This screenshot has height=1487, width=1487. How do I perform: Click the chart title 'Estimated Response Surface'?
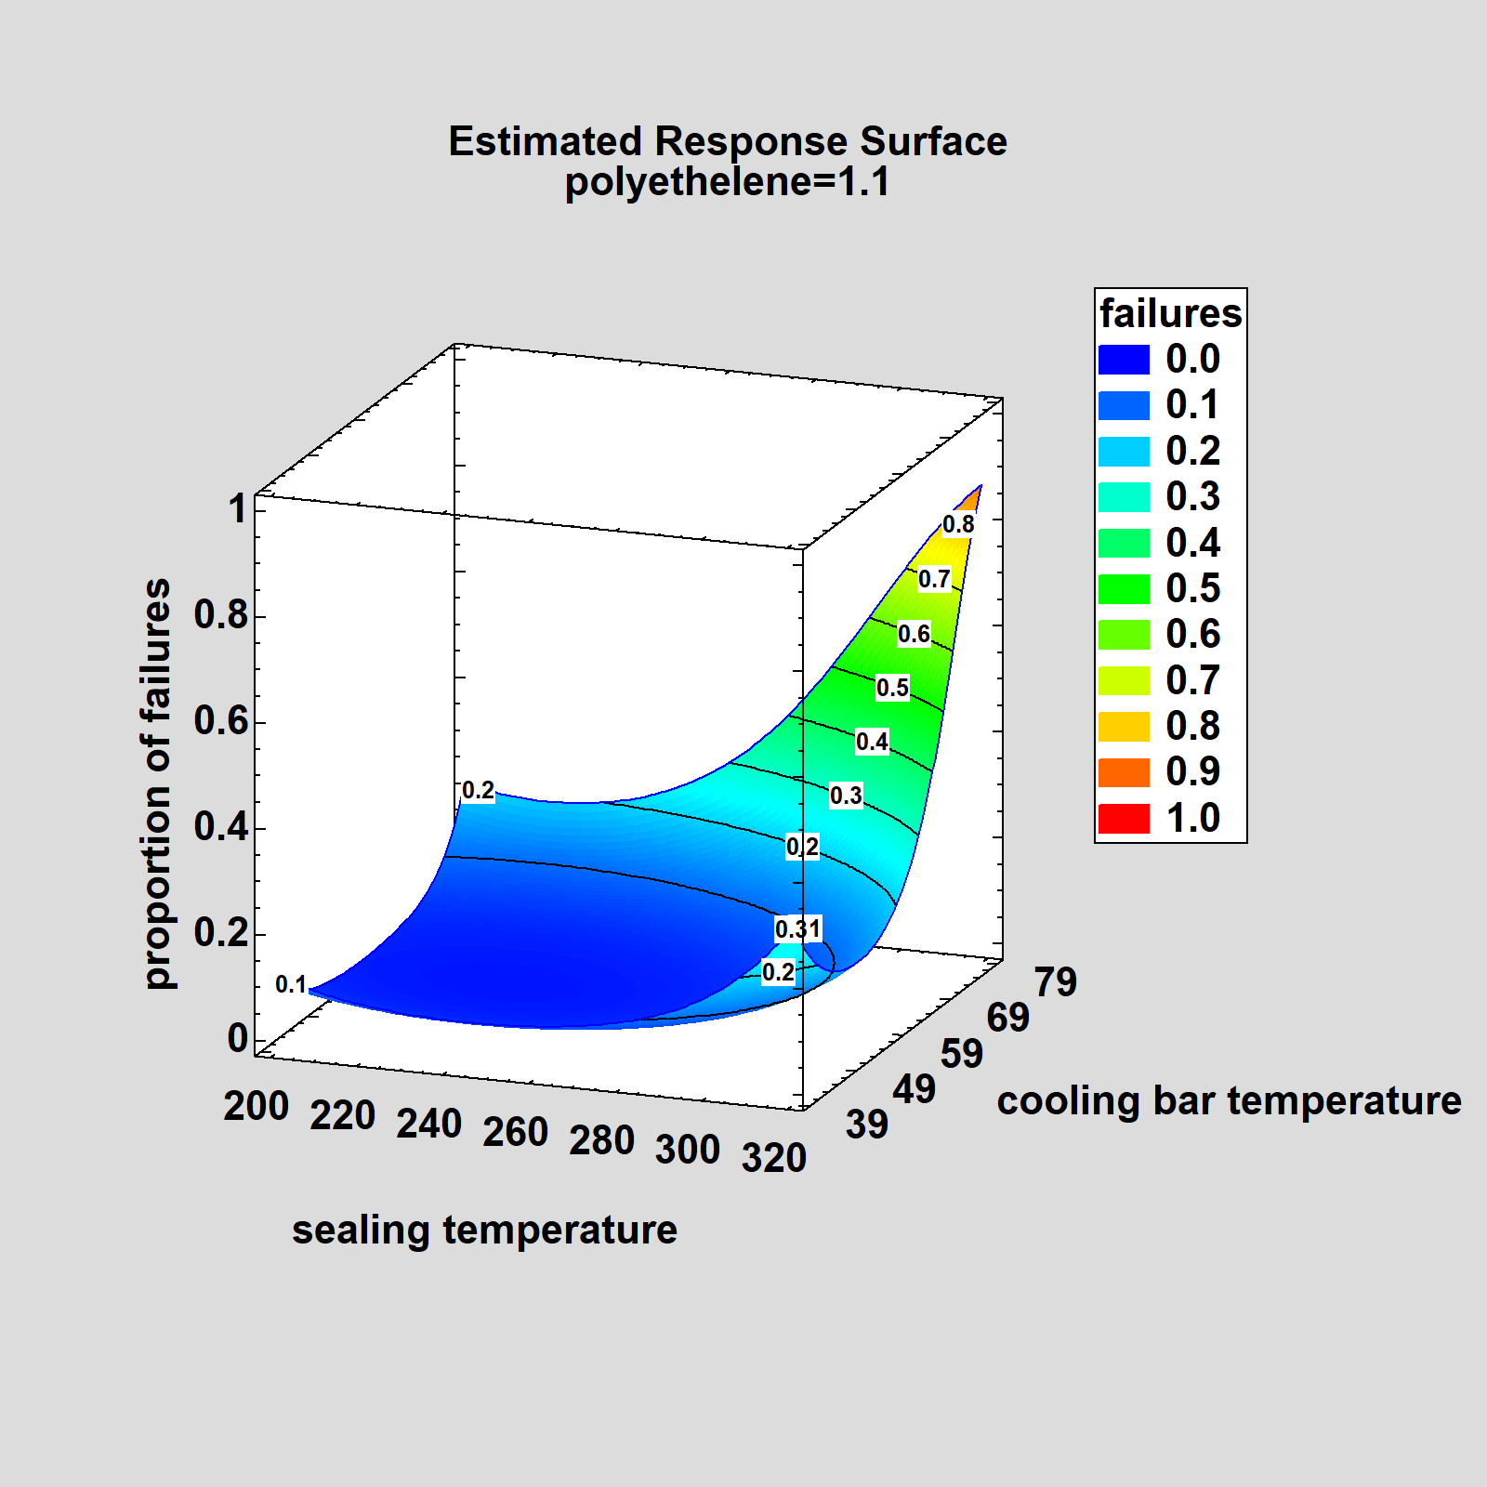click(727, 141)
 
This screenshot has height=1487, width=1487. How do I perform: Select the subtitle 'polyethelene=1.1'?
click(727, 181)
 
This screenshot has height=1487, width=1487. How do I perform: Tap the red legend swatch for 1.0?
click(1124, 819)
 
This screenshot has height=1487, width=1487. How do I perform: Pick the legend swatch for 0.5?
click(1124, 589)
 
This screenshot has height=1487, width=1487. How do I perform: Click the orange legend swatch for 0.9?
click(1124, 772)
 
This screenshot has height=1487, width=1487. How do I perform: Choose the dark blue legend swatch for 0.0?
click(1124, 360)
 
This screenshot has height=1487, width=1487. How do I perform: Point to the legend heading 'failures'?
click(1170, 313)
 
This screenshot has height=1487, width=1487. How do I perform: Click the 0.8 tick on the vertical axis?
click(221, 615)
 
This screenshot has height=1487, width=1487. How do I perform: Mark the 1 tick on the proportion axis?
click(239, 509)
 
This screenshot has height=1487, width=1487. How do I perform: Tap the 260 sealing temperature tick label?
click(515, 1132)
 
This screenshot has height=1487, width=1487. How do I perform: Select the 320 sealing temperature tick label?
click(773, 1158)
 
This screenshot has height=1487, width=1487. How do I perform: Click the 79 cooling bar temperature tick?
click(1056, 982)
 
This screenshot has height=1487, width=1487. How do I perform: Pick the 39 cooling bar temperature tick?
click(867, 1125)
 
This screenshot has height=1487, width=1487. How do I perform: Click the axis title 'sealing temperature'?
click(484, 1230)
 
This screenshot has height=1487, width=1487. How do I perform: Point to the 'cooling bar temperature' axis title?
click(1229, 1100)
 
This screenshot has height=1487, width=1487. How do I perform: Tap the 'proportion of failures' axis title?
click(158, 783)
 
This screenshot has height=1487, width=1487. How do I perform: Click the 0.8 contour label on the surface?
click(958, 525)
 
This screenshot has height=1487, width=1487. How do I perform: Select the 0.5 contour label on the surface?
click(892, 688)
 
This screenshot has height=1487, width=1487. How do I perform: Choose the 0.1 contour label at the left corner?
click(291, 985)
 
